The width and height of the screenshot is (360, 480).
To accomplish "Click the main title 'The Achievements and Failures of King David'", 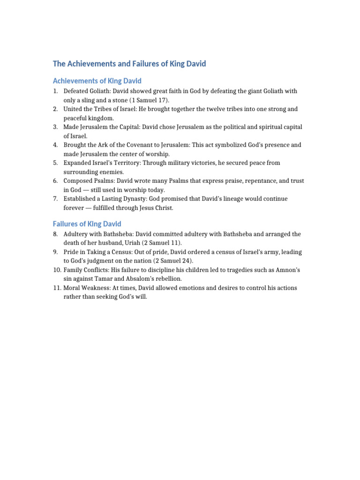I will coord(129,64).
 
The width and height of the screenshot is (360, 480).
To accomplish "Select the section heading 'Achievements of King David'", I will coord(97,81).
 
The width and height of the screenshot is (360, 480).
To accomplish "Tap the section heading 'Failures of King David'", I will coord(87,224).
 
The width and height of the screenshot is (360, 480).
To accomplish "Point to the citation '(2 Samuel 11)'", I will coord(162,243).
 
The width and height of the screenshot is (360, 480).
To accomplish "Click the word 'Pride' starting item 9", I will coord(71,252).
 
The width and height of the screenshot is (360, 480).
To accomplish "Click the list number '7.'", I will coord(55,199).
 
